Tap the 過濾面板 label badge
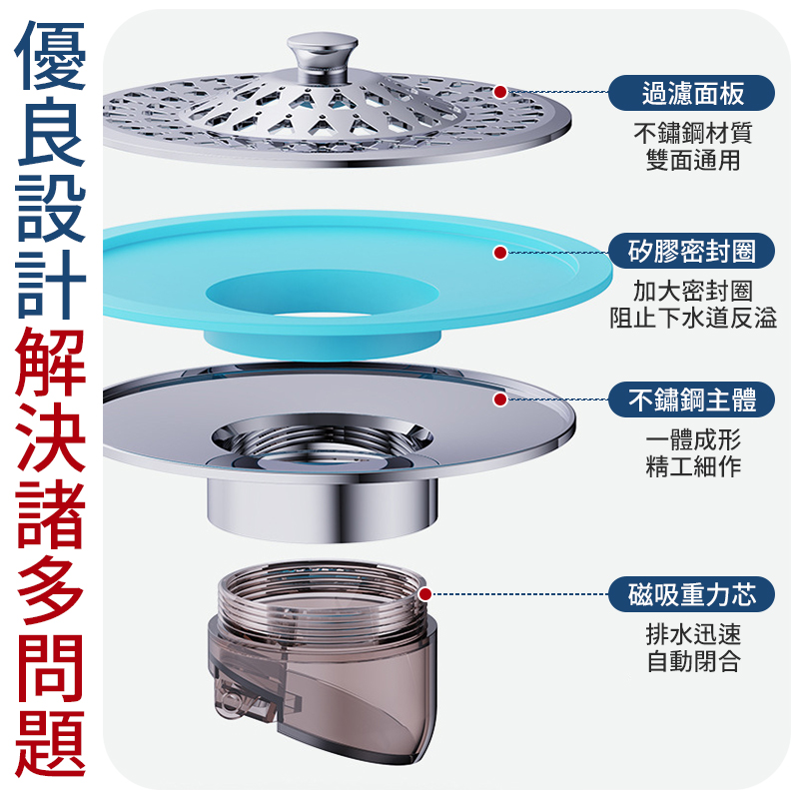click(x=692, y=94)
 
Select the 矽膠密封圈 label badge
click(x=692, y=251)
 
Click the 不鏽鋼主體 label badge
click(x=692, y=400)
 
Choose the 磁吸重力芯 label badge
click(x=692, y=595)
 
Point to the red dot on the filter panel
click(x=499, y=93)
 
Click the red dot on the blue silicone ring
click(x=499, y=252)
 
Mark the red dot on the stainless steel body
click(x=499, y=400)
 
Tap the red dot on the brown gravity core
click(x=426, y=595)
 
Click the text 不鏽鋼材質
click(x=692, y=133)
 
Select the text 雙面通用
click(x=692, y=160)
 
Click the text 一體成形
click(x=692, y=439)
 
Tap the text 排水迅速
click(x=692, y=634)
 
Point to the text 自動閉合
click(x=692, y=661)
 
